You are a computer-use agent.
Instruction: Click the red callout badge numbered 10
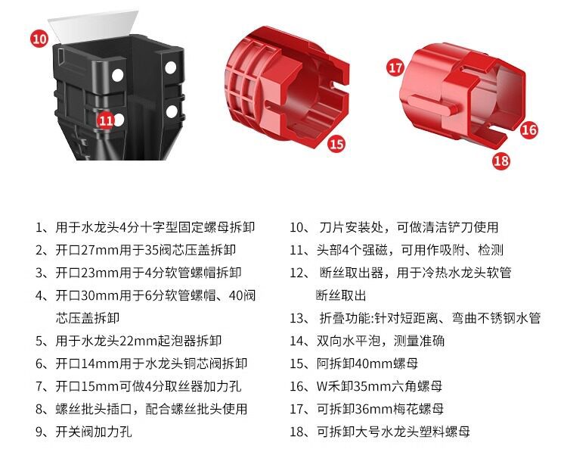coord(39,38)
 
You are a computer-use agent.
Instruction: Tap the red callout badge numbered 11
coord(106,120)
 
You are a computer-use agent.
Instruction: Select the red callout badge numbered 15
coord(336,144)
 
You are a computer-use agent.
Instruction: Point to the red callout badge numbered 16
coord(529,129)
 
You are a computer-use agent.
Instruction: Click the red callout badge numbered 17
coord(395,67)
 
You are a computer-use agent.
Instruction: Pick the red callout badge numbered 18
coord(501,161)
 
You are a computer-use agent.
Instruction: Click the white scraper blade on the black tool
coord(93,26)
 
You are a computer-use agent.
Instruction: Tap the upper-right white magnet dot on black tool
coord(170,67)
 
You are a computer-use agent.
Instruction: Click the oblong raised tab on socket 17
coord(434,104)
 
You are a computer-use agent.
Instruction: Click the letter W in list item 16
coord(322,386)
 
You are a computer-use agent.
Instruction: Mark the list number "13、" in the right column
coord(300,319)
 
